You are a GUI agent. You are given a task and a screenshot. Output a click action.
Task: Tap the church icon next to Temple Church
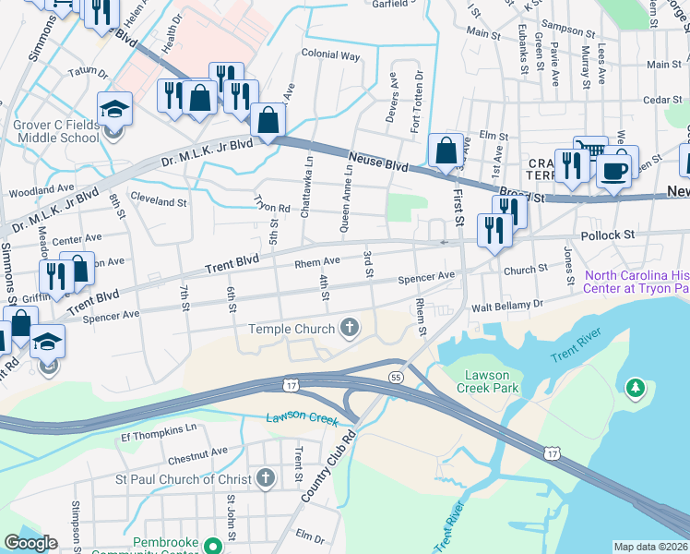(350, 327)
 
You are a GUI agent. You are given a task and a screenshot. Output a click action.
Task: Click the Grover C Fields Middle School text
(55, 131)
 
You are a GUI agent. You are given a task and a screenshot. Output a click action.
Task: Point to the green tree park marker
(636, 389)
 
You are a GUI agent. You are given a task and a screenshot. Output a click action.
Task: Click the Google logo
(30, 543)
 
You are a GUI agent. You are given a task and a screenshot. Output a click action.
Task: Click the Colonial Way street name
(330, 55)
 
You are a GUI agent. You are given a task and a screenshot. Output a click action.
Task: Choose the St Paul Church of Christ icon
(266, 477)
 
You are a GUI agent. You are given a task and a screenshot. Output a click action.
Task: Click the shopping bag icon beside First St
(446, 152)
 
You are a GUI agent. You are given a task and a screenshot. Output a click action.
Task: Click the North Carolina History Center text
(636, 282)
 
